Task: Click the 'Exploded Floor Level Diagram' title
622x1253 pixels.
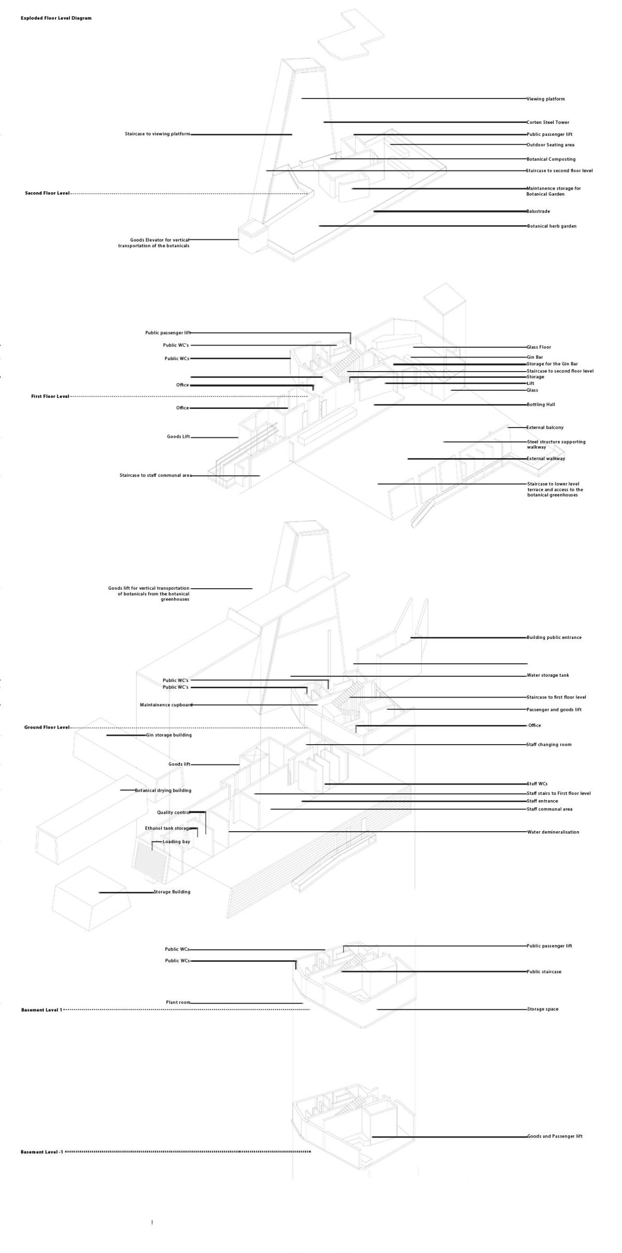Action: pos(56,18)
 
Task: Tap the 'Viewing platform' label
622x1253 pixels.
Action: pos(546,99)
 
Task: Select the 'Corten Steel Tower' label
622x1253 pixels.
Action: pos(548,123)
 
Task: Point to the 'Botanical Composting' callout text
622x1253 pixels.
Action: pos(551,160)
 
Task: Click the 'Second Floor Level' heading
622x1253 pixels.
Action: pos(47,193)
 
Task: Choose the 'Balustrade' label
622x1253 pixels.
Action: pos(539,211)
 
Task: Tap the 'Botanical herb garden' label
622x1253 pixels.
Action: pos(552,226)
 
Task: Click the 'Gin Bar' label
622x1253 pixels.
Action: pos(535,358)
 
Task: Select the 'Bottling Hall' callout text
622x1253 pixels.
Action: pos(541,405)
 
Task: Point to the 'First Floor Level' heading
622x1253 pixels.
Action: pos(50,396)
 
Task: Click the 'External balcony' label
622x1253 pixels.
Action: pos(545,428)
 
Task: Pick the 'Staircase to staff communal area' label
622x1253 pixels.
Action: pos(155,476)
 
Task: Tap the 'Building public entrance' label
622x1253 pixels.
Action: pos(554,638)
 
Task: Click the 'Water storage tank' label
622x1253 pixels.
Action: pos(548,676)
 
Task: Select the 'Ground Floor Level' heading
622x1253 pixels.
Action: pos(47,728)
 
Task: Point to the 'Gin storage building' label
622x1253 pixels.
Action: pos(168,735)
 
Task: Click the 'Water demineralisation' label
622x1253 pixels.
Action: pos(553,832)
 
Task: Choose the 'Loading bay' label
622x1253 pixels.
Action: pos(176,842)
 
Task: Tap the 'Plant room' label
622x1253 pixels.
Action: pos(178,1003)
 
